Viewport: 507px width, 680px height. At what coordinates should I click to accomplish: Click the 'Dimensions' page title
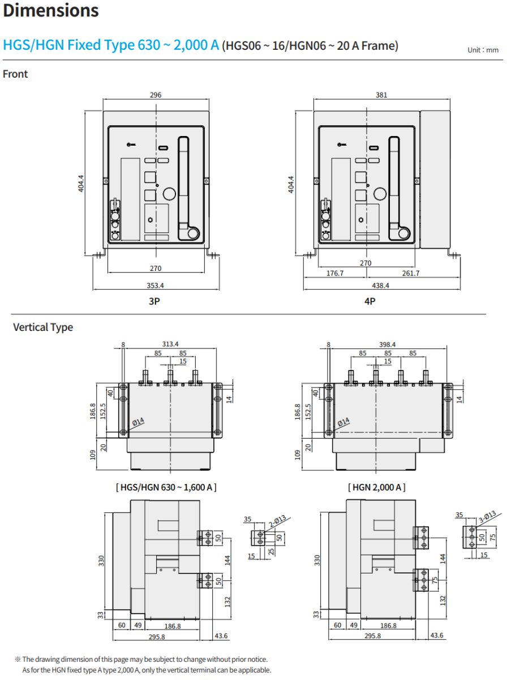51,11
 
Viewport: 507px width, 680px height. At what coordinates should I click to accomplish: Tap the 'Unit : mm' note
483,50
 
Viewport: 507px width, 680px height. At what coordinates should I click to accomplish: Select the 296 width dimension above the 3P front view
156,95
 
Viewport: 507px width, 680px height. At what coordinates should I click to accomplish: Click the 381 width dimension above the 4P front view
381,95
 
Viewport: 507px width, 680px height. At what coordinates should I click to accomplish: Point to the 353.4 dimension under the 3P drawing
155,286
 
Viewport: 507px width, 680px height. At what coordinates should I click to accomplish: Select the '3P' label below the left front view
154,301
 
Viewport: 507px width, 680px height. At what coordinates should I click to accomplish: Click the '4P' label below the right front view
369,301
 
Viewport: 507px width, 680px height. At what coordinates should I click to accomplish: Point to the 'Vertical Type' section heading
43,328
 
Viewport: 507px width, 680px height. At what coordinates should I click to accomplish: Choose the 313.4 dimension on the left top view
170,344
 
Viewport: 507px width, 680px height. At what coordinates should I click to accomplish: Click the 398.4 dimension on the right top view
387,344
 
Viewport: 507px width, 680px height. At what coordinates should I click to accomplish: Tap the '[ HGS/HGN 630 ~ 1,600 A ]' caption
166,487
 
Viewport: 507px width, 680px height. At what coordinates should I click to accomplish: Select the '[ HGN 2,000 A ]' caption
377,487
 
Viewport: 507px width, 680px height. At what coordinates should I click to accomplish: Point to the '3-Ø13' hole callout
487,516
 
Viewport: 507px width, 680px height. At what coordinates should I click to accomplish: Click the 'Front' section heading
15,74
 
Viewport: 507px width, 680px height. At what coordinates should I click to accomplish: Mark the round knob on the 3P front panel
169,193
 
